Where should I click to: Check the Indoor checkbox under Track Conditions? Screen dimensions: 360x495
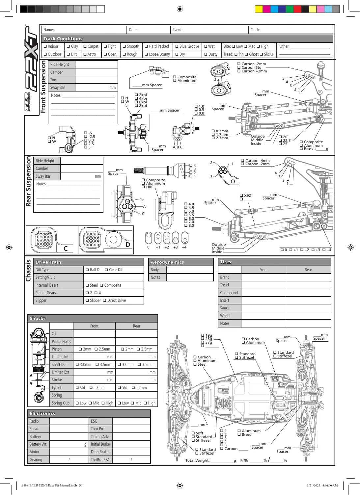click(x=45, y=46)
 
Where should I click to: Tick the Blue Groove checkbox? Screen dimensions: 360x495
click(x=177, y=46)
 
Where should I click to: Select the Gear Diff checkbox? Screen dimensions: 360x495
click(x=106, y=270)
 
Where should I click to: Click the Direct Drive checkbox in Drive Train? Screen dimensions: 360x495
click(x=105, y=300)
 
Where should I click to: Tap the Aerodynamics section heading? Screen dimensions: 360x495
click(x=167, y=262)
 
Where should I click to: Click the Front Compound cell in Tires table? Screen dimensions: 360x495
click(x=263, y=293)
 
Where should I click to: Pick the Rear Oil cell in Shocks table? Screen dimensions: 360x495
click(x=136, y=333)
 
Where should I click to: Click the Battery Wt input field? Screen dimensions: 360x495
click(x=69, y=444)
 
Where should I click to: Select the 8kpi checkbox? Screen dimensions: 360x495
click(x=136, y=106)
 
